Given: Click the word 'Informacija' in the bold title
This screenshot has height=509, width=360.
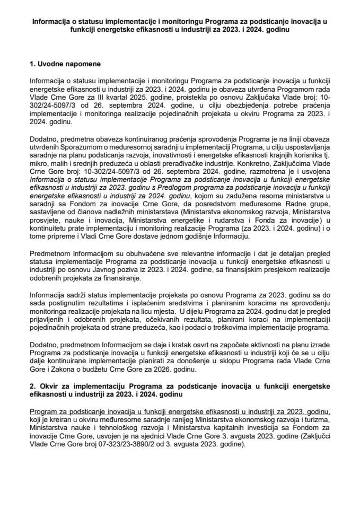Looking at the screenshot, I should tap(52, 22).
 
